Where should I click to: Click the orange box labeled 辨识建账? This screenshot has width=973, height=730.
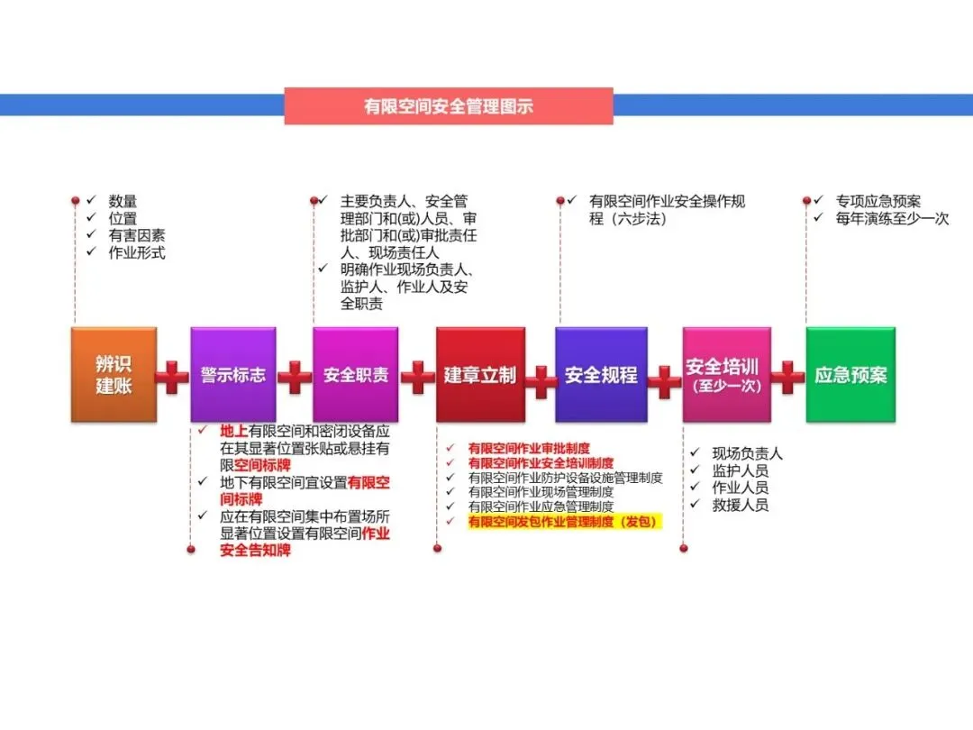pyautogui.click(x=114, y=375)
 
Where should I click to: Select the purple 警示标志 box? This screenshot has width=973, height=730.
pyautogui.click(x=233, y=375)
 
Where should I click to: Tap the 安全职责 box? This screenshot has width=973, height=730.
pyautogui.click(x=355, y=375)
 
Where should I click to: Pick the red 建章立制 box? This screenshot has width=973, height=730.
pyautogui.click(x=479, y=375)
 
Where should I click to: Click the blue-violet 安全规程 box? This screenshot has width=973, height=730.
pyautogui.click(x=601, y=375)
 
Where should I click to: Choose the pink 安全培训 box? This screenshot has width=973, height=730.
pyautogui.click(x=726, y=375)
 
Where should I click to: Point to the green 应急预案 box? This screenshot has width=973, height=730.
pyautogui.click(x=850, y=375)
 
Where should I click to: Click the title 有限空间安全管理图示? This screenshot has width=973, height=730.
pyautogui.click(x=449, y=106)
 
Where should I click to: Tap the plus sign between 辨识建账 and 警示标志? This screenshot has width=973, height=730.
pyautogui.click(x=172, y=378)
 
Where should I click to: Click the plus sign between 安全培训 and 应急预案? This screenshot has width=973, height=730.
pyautogui.click(x=787, y=378)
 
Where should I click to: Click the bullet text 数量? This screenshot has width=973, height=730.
pyautogui.click(x=123, y=202)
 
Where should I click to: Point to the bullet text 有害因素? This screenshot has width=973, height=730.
pyautogui.click(x=137, y=236)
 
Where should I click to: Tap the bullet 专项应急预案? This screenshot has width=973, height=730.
pyautogui.click(x=878, y=202)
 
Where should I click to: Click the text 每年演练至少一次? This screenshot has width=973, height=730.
pyautogui.click(x=892, y=218)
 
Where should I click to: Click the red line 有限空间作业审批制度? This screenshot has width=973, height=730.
pyautogui.click(x=529, y=448)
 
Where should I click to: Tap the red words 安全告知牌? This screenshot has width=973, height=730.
pyautogui.click(x=256, y=551)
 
